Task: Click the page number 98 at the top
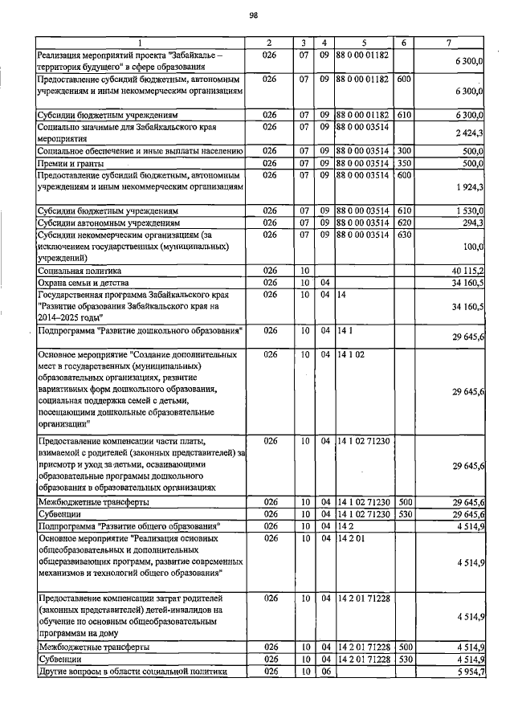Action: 254,15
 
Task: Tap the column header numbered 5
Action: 363,42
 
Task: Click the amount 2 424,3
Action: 467,133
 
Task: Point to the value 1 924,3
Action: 467,186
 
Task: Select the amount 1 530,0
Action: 467,210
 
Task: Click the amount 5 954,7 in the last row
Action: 467,672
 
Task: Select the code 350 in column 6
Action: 404,162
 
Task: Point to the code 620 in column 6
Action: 404,223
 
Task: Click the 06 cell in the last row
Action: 324,672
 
